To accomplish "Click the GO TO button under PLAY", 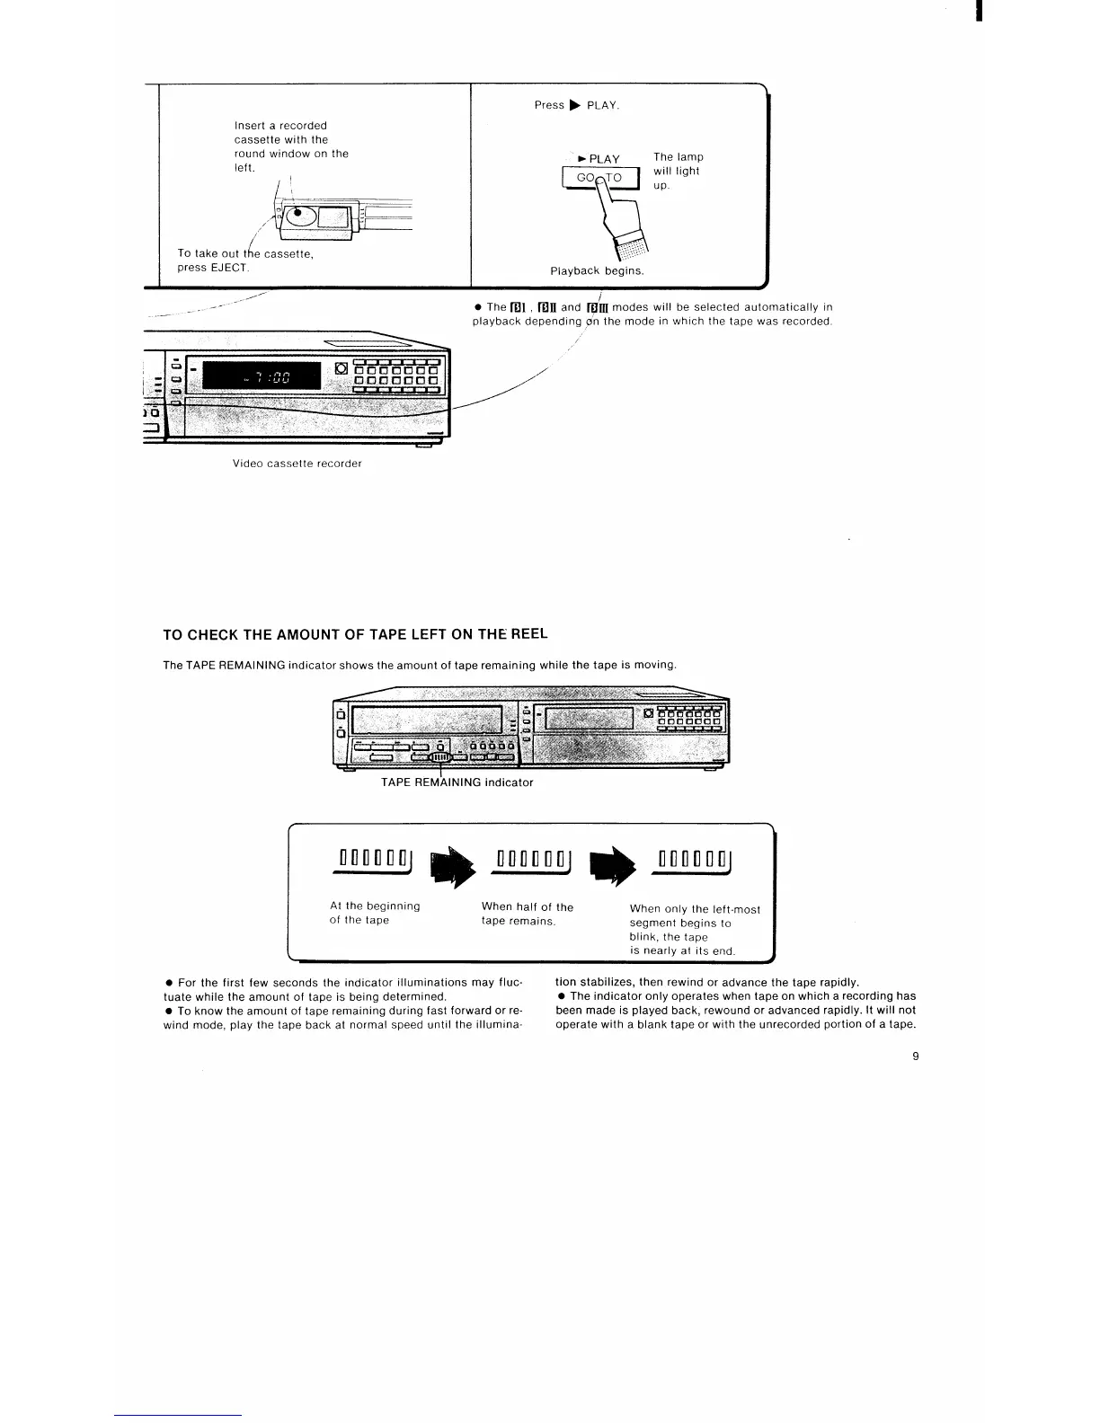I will coord(599,178).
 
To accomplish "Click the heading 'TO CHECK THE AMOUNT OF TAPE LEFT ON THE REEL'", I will coord(355,634).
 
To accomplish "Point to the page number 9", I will coord(915,1056).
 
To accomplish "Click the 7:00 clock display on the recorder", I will coord(262,377).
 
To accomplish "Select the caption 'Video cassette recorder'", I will coord(297,464).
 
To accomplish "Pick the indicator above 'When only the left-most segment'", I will coord(695,860).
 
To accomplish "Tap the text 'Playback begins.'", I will coord(597,270).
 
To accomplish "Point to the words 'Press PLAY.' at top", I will coord(577,105).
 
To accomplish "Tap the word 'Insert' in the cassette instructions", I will coord(249,126).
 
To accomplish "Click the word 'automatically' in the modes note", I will coord(780,307).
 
